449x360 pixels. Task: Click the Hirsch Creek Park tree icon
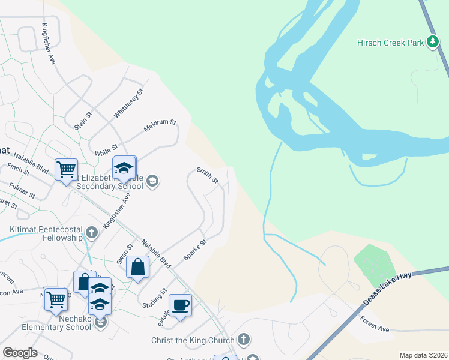click(432, 42)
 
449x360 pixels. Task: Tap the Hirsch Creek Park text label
click(390, 43)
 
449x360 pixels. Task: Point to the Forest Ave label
click(375, 325)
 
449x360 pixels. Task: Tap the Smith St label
click(208, 175)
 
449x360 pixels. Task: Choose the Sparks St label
click(195, 250)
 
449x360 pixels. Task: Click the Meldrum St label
click(160, 126)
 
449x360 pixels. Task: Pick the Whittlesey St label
click(129, 103)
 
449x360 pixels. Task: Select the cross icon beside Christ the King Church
click(243, 340)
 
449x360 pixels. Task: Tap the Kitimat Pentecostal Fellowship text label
click(46, 233)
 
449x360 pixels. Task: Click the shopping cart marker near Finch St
click(66, 169)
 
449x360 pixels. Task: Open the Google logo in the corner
click(20, 353)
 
